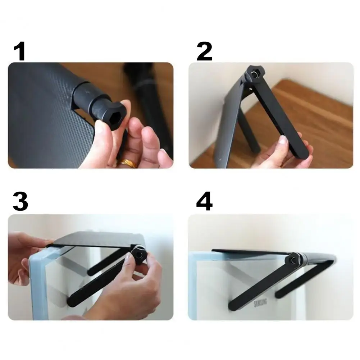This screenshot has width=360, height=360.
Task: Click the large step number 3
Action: click(x=20, y=202)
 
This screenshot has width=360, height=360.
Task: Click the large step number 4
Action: click(x=204, y=202)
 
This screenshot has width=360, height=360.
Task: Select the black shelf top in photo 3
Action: click(x=97, y=239)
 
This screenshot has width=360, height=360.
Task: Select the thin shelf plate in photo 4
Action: click(x=252, y=251)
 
